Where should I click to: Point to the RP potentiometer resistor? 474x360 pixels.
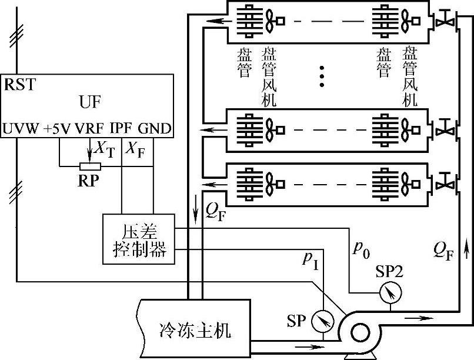89,166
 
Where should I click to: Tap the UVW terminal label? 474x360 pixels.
21,128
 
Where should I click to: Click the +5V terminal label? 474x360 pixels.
56,128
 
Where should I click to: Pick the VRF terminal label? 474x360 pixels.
89,128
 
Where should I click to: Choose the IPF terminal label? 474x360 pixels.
121,128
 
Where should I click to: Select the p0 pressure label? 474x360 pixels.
360,249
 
